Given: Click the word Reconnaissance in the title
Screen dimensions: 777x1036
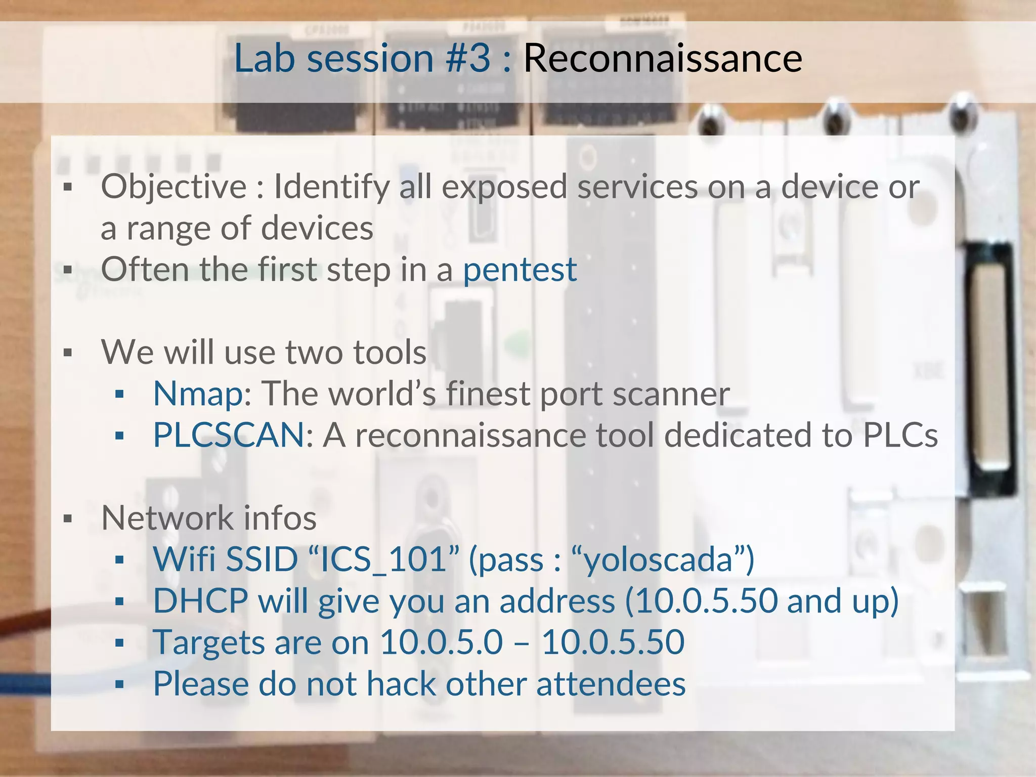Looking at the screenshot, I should [x=662, y=59].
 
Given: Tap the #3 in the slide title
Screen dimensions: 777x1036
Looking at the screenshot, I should [x=468, y=59].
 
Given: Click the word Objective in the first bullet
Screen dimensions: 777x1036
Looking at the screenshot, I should [x=174, y=187].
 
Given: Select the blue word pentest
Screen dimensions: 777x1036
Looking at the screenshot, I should [x=520, y=270].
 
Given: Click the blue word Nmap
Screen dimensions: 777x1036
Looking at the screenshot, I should [x=198, y=394].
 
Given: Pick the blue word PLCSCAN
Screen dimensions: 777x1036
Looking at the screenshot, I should [x=229, y=435].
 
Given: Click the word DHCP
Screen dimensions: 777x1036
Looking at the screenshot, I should [x=200, y=601].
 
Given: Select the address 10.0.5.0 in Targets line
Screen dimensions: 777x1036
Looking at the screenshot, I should [x=441, y=642].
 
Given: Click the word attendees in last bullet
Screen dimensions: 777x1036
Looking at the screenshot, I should [x=611, y=684].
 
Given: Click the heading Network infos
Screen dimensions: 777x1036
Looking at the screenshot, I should [x=209, y=519].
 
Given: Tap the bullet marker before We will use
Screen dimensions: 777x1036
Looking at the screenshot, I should [x=68, y=353].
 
